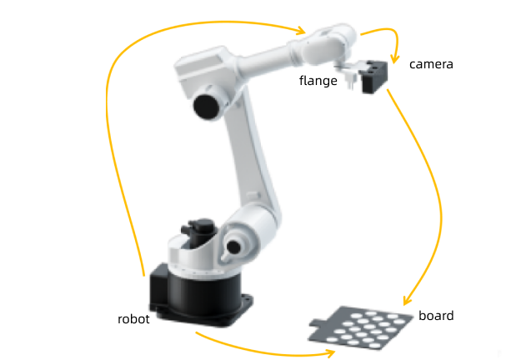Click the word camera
(x=431, y=63)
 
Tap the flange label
(x=318, y=81)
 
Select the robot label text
(x=133, y=319)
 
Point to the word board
(x=436, y=316)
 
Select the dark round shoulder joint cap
(x=207, y=106)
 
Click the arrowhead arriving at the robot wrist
(x=299, y=32)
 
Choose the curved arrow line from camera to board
(x=433, y=183)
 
